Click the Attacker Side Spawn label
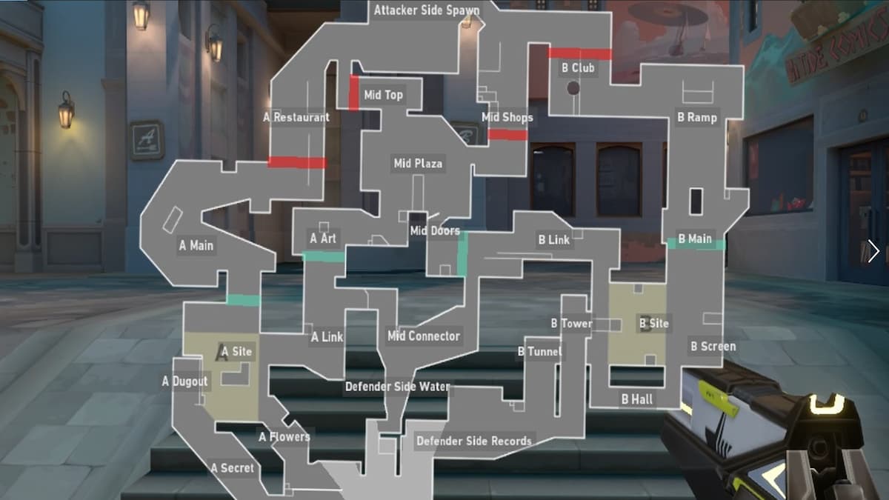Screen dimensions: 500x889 coord(427,10)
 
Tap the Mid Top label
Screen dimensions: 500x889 coord(384,95)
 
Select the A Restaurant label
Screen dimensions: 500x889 coord(297,117)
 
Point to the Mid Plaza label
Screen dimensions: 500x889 coord(418,163)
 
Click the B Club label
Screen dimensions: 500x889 coord(579,68)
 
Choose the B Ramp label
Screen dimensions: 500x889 coord(697,117)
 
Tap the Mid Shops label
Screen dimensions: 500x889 coord(507,117)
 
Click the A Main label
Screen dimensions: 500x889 coord(196,245)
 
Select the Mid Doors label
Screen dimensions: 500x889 coord(435,231)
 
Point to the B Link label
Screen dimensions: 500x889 coord(554,240)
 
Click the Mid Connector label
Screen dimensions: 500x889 coord(424,336)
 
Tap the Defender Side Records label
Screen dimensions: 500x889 coord(474,441)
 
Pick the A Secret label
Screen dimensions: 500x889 coord(233,467)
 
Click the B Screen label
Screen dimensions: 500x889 coord(713,346)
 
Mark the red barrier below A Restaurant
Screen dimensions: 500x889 coord(297,162)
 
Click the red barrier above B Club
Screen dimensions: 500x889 coord(580,53)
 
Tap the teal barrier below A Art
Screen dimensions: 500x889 coord(323,257)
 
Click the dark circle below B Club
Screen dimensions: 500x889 coord(573,88)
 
